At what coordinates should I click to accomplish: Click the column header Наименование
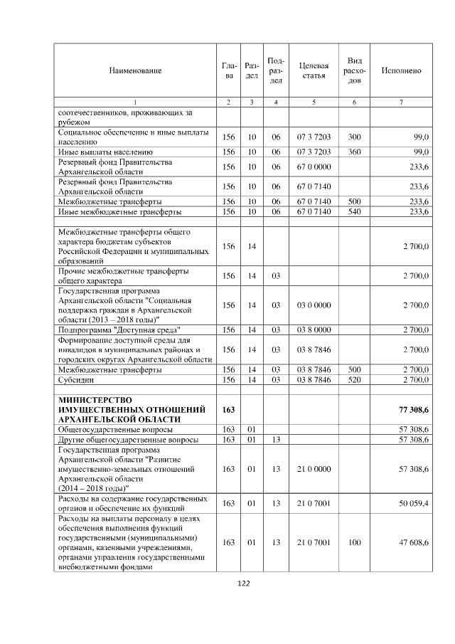click(135, 70)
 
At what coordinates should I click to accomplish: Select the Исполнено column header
click(401, 70)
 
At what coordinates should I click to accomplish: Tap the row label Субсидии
click(73, 380)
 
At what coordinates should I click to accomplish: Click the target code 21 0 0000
click(313, 469)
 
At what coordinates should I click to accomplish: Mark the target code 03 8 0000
click(313, 330)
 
